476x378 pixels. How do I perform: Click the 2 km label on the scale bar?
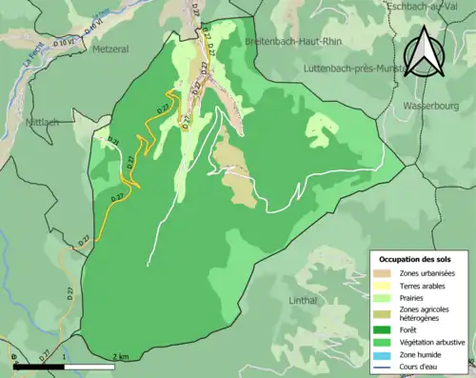point(120,356)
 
